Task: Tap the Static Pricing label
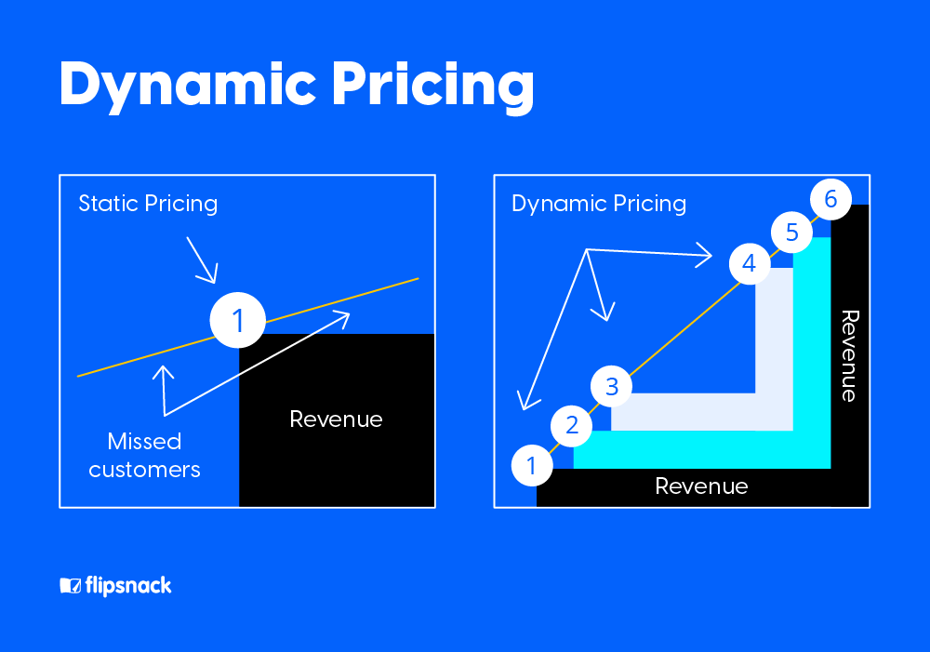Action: pos(148,203)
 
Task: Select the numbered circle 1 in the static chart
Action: pos(238,321)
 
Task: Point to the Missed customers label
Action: pos(144,455)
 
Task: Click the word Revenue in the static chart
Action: pos(336,419)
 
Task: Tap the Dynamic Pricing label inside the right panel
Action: pos(599,203)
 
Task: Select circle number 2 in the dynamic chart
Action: pos(572,426)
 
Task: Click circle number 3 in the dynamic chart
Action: pos(612,386)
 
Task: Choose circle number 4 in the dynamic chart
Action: pos(750,265)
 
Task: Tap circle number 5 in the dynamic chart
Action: pos(791,232)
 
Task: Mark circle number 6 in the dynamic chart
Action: pos(830,199)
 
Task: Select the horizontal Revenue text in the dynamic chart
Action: pos(701,486)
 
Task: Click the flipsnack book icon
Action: pos(70,585)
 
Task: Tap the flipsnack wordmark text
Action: pos(128,585)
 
